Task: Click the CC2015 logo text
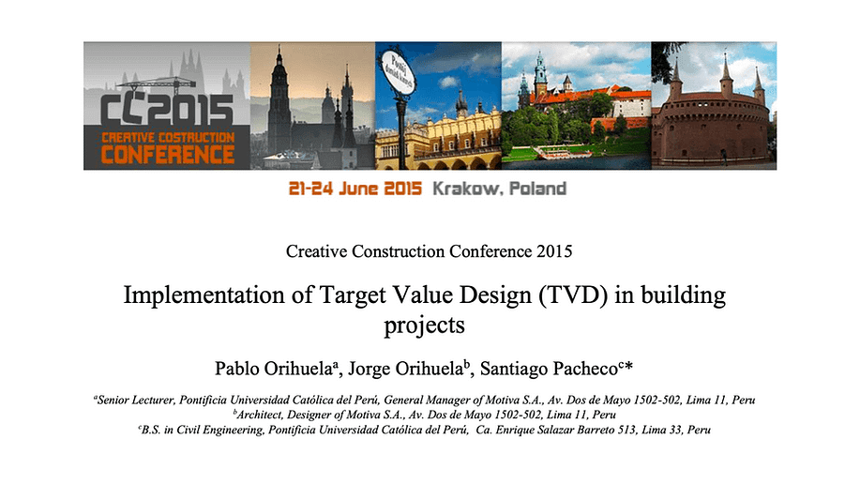click(x=167, y=110)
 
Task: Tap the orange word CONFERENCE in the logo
click(x=168, y=155)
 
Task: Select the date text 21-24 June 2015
click(x=355, y=189)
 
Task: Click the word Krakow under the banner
click(x=466, y=189)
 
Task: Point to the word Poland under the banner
click(x=537, y=189)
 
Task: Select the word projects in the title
click(x=424, y=325)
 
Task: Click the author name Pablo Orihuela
click(x=273, y=369)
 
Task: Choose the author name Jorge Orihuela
click(x=406, y=369)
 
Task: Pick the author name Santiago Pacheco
click(x=549, y=369)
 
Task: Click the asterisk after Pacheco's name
click(x=628, y=366)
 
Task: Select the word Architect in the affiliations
click(x=259, y=415)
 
